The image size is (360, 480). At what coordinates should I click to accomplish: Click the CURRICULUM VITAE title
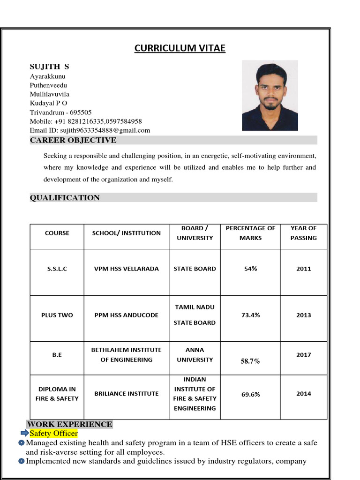[180, 48]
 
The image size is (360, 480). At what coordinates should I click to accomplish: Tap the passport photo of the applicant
[270, 95]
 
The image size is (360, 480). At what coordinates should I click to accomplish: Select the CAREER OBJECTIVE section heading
[73, 140]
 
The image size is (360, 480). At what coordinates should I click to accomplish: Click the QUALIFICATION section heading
[65, 198]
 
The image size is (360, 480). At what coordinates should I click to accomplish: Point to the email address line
[90, 130]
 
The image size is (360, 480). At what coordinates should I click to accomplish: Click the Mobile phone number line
[86, 121]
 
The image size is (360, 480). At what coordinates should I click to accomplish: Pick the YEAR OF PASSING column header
[303, 233]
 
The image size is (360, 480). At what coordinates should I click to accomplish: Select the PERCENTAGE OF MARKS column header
[250, 233]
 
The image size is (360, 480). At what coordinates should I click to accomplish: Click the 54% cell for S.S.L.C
[250, 269]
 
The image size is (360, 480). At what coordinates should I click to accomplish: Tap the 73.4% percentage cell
[250, 315]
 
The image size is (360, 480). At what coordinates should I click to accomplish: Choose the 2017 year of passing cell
[303, 355]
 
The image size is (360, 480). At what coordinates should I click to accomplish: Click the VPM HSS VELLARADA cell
[126, 269]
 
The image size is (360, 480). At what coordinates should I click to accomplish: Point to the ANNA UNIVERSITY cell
[195, 355]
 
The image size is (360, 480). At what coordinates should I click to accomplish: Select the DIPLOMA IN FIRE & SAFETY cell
[57, 394]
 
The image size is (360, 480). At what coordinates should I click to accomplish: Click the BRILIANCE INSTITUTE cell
[126, 394]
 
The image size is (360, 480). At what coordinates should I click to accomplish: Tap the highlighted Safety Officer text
[53, 434]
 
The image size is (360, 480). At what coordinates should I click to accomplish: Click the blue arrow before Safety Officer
[24, 433]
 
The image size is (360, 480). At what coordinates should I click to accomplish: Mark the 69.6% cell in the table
[250, 395]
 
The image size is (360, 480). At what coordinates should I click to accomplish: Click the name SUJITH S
[49, 67]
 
